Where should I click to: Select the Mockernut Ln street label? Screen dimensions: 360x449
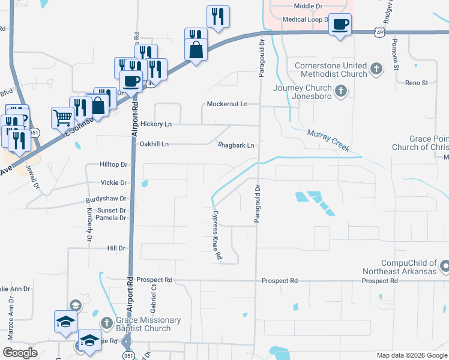(227, 104)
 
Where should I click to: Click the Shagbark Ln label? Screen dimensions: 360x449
(235, 145)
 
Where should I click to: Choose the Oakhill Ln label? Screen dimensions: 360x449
(154, 144)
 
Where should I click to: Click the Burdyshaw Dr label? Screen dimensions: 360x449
(107, 198)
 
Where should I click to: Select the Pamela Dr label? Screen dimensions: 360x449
(112, 218)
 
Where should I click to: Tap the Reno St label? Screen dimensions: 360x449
(416, 83)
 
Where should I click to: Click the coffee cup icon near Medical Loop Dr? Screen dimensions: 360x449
(340, 25)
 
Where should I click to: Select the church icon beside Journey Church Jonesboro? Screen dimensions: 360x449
(341, 91)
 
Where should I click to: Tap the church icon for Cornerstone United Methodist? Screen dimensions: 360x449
(376, 69)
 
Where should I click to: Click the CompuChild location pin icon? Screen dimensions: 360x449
(445, 265)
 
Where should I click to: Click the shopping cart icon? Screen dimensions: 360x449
(62, 117)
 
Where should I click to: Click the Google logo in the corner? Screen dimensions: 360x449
(20, 353)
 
